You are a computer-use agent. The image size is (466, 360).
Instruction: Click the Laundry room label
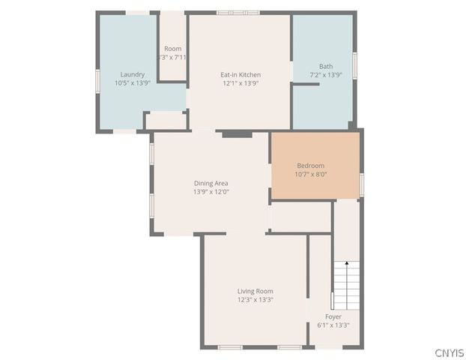[x=133, y=74]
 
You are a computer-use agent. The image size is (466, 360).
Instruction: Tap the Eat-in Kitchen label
[x=240, y=74]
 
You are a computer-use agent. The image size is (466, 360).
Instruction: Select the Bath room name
[x=326, y=66]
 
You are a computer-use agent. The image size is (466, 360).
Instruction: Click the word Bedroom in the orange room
[x=311, y=165]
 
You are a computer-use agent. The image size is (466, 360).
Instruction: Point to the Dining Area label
[x=211, y=183]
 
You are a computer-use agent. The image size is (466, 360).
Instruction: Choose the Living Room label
[x=255, y=291]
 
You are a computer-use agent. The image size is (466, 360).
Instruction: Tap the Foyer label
[x=333, y=316]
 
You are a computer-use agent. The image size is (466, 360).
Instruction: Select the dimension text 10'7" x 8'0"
[x=311, y=174]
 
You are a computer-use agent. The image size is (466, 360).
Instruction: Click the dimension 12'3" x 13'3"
[x=255, y=300]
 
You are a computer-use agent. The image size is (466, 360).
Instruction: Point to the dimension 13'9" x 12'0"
[x=211, y=192]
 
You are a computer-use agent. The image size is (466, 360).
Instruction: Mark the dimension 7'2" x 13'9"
[x=326, y=75]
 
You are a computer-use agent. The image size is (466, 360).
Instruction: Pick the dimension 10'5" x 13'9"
[x=133, y=83]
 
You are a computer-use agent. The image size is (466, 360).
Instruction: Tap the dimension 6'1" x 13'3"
[x=333, y=325]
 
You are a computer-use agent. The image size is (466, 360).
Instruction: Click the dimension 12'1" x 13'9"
[x=240, y=83]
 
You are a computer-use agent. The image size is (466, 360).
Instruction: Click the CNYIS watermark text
[x=449, y=352]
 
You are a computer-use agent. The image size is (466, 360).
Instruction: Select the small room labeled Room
[x=173, y=49]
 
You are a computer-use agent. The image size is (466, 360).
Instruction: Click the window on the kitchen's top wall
[x=237, y=13]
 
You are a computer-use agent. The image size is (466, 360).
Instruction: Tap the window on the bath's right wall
[x=354, y=65]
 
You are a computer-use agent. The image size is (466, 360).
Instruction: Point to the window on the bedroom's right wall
[x=361, y=184]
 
